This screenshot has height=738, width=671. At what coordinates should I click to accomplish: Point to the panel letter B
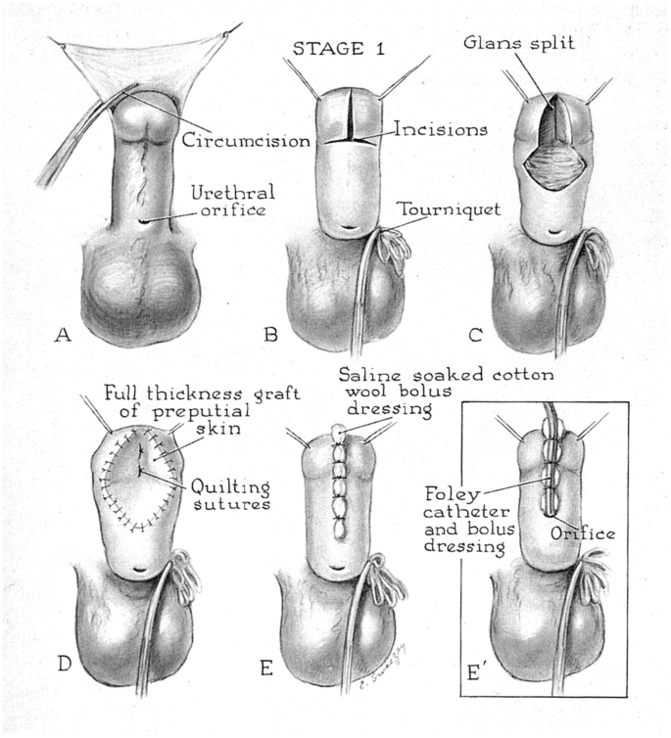pyautogui.click(x=270, y=335)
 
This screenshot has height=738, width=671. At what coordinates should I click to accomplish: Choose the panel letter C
pyautogui.click(x=478, y=335)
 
